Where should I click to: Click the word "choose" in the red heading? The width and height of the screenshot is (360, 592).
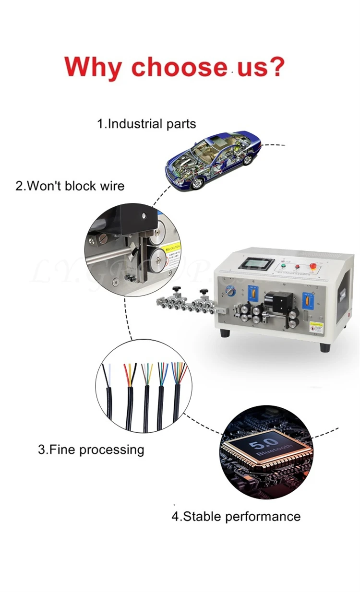(179, 67)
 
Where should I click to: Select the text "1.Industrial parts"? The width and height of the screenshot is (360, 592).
(146, 124)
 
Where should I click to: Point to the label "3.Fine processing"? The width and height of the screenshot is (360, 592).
(91, 450)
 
